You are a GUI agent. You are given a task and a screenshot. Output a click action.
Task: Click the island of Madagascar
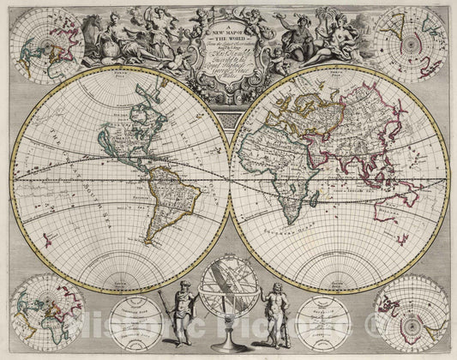click(310, 210)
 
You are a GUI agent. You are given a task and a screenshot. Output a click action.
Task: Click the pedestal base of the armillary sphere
click(225, 346)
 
